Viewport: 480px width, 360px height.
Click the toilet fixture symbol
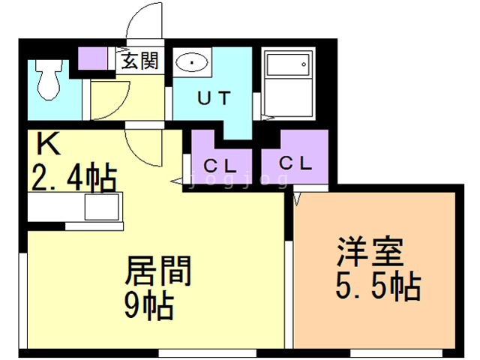(x=49, y=79)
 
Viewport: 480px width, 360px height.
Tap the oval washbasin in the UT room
(x=192, y=62)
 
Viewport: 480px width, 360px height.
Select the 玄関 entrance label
(x=140, y=61)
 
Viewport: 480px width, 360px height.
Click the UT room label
(x=214, y=98)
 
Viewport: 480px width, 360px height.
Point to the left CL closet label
(x=220, y=166)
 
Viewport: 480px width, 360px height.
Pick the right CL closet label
(x=295, y=163)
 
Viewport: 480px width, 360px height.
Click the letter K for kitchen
(x=48, y=143)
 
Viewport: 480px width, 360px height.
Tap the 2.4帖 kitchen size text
(x=74, y=178)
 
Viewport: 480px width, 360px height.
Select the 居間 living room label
(x=158, y=271)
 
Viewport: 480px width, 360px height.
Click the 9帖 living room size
(x=149, y=306)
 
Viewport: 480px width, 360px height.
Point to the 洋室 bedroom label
(x=370, y=251)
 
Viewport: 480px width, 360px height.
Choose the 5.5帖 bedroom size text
(x=378, y=286)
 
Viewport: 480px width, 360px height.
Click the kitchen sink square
(x=102, y=207)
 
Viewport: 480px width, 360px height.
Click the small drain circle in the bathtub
(x=304, y=64)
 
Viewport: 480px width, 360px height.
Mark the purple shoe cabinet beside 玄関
(x=92, y=58)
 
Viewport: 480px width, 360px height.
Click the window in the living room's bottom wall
(x=207, y=353)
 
